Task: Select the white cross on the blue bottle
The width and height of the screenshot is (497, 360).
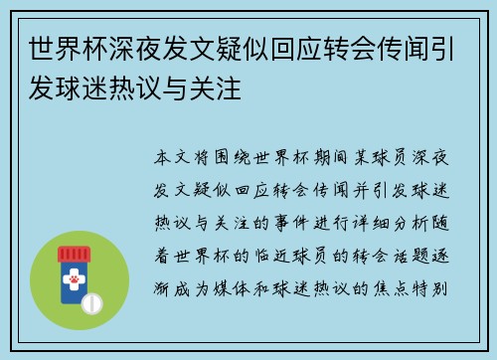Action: (x=71, y=271)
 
